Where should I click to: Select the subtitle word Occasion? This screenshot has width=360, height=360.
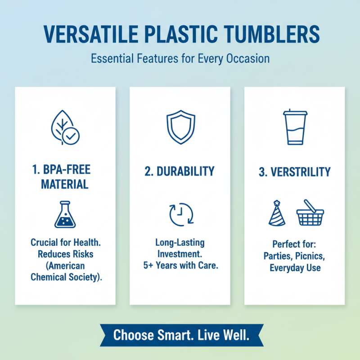click(x=249, y=58)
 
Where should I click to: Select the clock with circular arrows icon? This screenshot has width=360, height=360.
click(x=180, y=214)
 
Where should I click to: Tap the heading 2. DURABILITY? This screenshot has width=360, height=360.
click(x=180, y=171)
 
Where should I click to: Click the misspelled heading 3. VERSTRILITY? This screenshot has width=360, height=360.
click(x=295, y=172)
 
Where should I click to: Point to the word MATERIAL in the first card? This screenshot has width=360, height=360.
click(x=65, y=184)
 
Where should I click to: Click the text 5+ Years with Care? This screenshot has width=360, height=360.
click(x=180, y=265)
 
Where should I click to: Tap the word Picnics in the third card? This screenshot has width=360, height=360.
click(x=310, y=256)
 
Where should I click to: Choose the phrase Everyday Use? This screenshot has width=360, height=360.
click(x=295, y=268)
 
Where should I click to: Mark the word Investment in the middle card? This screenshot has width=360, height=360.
click(x=180, y=254)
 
